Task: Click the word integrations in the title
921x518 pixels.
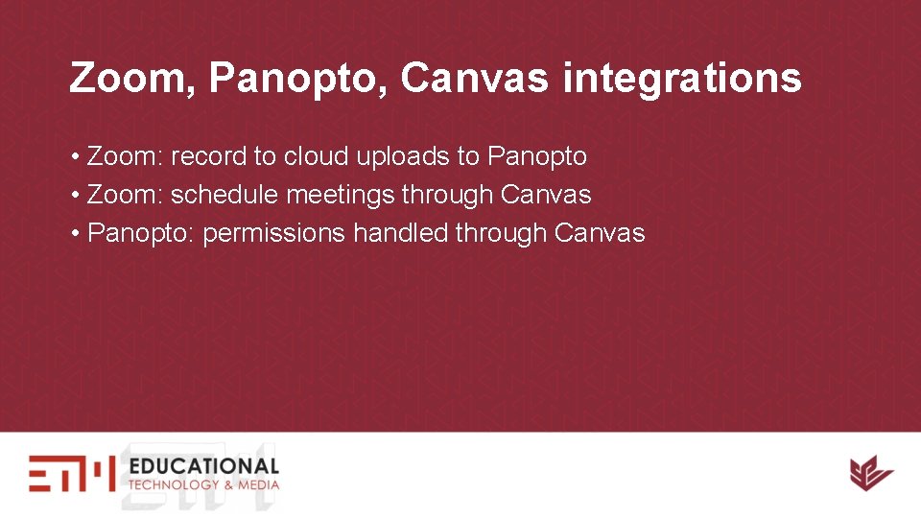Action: [x=682, y=79]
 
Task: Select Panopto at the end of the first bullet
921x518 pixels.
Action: [x=537, y=155]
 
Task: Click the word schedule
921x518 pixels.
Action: [x=224, y=195]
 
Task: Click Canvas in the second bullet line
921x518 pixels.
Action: [x=546, y=195]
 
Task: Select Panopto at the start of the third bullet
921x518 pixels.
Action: [x=141, y=233]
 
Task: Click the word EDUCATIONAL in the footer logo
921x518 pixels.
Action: [x=203, y=466]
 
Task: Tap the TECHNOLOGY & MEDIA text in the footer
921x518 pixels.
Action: [x=203, y=484]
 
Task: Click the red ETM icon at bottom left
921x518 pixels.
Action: [x=71, y=473]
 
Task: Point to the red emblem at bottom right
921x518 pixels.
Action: [x=870, y=473]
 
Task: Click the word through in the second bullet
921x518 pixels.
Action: [x=448, y=195]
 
